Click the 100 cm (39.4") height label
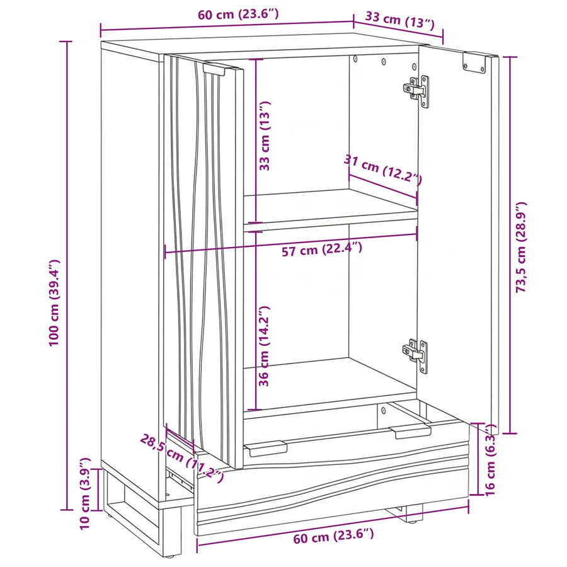tap(54, 302)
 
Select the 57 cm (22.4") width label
tap(322, 249)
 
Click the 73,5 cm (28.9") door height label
tap(521, 247)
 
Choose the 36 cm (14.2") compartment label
tap(265, 346)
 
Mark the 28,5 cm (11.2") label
tap(182, 458)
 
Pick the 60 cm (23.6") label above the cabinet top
tap(238, 14)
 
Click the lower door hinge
tap(416, 356)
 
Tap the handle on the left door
tap(214, 70)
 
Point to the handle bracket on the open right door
tap(474, 62)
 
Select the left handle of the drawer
tap(266, 449)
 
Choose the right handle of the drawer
tap(410, 432)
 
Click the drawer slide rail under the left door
tap(180, 479)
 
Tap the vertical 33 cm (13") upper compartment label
tap(265, 135)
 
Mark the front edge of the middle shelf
tap(331, 221)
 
